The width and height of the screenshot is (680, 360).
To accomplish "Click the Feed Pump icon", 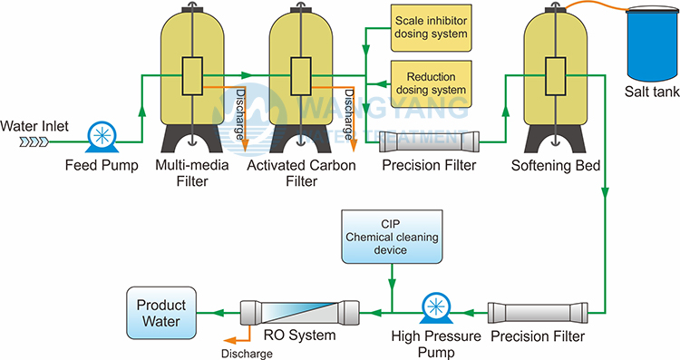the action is point(102,137).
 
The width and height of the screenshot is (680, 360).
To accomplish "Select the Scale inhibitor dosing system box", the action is point(431,28).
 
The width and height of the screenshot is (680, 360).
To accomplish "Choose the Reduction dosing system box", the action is point(431,83).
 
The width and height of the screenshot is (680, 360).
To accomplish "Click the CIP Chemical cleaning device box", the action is point(392,237).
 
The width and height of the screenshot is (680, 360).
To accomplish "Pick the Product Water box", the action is point(161,313).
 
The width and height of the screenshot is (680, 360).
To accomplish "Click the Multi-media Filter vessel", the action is point(192,78).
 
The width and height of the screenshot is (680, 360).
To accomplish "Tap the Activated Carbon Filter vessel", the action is point(301,78).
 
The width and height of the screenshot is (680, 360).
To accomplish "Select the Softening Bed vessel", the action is point(556,78).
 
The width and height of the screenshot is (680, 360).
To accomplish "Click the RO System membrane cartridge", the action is point(300,312).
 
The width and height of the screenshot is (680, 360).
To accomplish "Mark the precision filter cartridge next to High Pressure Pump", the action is point(538,313).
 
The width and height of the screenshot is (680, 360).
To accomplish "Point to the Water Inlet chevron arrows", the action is point(34,141).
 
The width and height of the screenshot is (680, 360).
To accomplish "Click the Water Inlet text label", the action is point(34,126).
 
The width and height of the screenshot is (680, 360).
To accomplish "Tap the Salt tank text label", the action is point(652,92).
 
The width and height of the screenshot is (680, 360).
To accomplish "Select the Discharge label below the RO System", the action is point(247,354).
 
